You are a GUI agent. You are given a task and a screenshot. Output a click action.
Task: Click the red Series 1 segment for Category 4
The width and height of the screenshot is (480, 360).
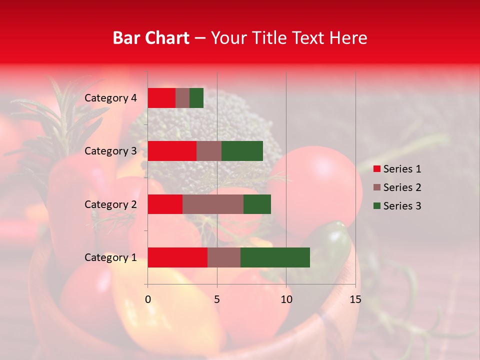coord(161,98)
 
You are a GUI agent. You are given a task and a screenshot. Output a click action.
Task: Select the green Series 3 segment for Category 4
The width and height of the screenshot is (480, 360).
coord(196,98)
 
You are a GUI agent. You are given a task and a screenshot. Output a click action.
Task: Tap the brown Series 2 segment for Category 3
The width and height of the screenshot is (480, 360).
coord(209,151)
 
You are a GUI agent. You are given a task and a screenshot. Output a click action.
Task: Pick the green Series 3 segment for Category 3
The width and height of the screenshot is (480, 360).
coord(242,151)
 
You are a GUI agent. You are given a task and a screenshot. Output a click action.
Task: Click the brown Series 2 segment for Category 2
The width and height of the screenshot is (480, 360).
coord(213,204)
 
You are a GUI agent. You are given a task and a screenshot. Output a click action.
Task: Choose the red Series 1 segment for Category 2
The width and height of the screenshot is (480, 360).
coord(165,204)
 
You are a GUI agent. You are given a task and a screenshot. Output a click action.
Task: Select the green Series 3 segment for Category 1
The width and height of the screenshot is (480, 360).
coord(275,257)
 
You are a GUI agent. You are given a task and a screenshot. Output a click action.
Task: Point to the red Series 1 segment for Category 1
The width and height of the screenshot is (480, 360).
coord(177,257)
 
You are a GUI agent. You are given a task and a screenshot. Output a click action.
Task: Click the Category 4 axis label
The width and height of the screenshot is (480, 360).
coord(110,98)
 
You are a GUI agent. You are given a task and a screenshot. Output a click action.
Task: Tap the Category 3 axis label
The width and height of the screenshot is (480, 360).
coord(110,151)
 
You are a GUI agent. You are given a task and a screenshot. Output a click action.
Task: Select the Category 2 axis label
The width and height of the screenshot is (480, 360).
coord(110,204)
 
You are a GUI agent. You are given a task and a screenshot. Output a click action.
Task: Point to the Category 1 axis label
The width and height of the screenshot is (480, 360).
coord(110,257)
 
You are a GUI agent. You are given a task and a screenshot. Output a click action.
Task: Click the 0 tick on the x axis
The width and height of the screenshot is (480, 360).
coord(148,299)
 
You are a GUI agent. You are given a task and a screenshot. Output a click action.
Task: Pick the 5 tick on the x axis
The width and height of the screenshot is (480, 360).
coord(217,299)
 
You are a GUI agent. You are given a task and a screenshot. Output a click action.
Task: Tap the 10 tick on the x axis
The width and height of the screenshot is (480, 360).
coord(286,299)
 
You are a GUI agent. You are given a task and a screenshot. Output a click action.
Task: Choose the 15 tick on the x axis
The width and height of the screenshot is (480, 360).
coord(355,299)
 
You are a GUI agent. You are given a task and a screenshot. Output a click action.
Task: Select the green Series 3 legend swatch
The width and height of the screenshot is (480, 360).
coord(376,206)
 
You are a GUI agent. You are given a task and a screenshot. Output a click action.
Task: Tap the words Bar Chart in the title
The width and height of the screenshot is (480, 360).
coord(151,38)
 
